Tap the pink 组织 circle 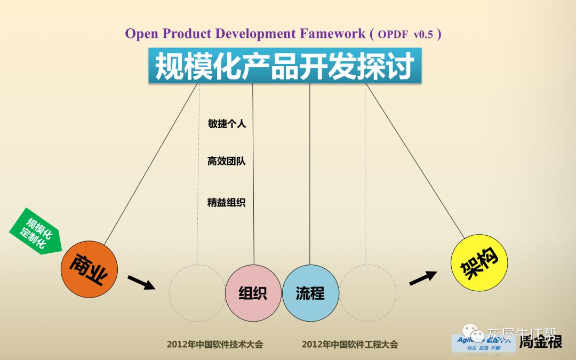pyautogui.click(x=253, y=293)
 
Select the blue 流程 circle pyautogui.click(x=310, y=293)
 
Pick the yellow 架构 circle pyautogui.click(x=477, y=263)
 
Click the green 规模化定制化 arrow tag pyautogui.click(x=36, y=232)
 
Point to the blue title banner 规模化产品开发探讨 pyautogui.click(x=285, y=66)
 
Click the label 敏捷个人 pyautogui.click(x=227, y=124)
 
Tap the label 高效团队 pyautogui.click(x=227, y=161)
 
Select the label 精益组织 pyautogui.click(x=227, y=203)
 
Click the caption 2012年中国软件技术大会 pyautogui.click(x=215, y=345)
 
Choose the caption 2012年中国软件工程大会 pyautogui.click(x=349, y=345)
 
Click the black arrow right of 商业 pyautogui.click(x=141, y=282)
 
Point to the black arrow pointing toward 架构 pyautogui.click(x=423, y=277)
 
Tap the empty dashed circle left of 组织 pyautogui.click(x=196, y=293)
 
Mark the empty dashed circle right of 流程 pyautogui.click(x=368, y=293)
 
